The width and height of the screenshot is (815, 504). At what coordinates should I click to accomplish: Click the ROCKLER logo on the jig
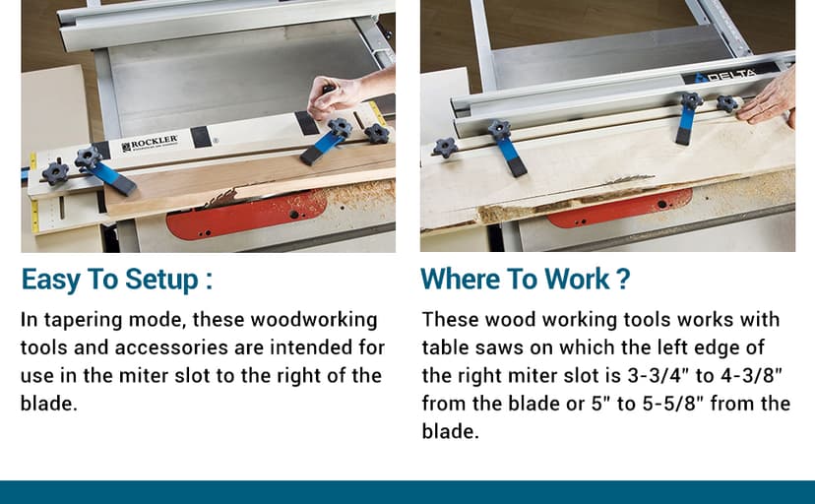tap(150, 145)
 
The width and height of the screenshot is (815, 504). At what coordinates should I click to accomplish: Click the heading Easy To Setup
tap(116, 280)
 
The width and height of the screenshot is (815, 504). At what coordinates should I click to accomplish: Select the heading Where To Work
tap(525, 280)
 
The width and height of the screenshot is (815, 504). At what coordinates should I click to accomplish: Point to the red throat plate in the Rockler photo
tap(247, 214)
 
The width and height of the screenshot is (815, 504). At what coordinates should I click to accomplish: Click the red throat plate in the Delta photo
tap(619, 208)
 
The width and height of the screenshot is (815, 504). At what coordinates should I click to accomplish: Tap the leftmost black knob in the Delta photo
tap(445, 148)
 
